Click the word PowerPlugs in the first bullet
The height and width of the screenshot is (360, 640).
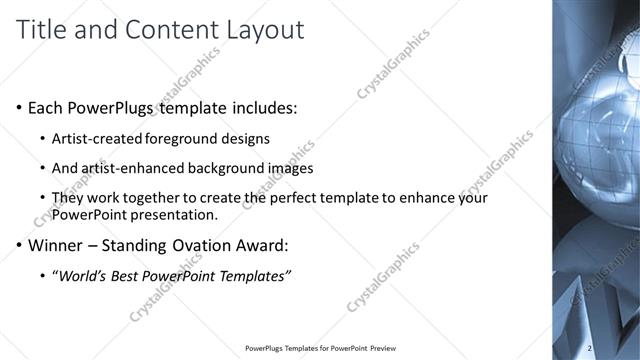point(112,107)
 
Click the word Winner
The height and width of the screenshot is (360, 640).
point(58,244)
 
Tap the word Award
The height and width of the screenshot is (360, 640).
point(264,244)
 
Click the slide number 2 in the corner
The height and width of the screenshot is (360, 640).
point(590,348)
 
